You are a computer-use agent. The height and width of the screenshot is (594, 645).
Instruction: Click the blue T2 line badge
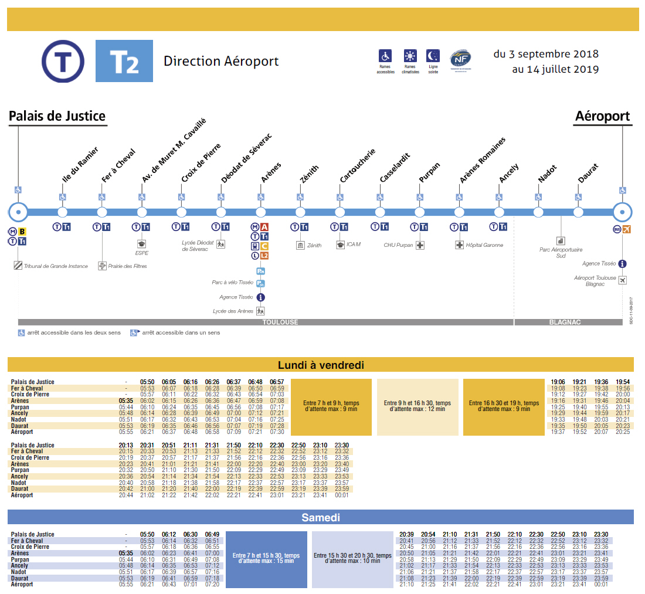pos(124,61)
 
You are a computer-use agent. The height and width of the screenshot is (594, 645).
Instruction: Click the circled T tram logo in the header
pos(63,61)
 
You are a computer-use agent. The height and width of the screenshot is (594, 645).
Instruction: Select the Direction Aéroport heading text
pos(221,62)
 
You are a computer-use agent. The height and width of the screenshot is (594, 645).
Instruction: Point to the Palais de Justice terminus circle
pos(18,212)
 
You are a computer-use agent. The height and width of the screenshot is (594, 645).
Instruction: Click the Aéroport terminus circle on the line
pos(622,212)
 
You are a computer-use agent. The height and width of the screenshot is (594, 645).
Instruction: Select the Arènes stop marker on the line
pos(260,212)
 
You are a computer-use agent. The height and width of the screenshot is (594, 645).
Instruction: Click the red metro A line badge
pos(264,227)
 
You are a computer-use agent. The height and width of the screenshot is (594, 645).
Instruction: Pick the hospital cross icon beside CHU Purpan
pos(420,245)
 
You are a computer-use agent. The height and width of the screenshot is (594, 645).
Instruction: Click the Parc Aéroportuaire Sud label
pos(561,252)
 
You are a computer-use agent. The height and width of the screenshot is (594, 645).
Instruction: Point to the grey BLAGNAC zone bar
pos(568,322)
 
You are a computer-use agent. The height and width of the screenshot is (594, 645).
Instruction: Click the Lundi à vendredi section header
pos(321,365)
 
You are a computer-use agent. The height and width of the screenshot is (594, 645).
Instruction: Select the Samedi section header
pos(321,518)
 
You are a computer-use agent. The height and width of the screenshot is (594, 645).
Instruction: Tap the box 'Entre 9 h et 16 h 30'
pos(417,406)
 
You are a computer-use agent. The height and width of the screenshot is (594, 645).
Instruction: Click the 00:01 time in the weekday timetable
pos(342,495)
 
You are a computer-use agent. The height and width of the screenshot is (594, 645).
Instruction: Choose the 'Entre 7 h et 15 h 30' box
pos(266,558)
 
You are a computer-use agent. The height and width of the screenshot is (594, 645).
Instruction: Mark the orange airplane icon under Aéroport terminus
pos(627,229)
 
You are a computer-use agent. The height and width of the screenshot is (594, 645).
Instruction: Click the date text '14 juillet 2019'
pos(555,69)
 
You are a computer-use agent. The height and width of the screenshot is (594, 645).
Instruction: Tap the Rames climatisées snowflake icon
pos(410,56)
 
